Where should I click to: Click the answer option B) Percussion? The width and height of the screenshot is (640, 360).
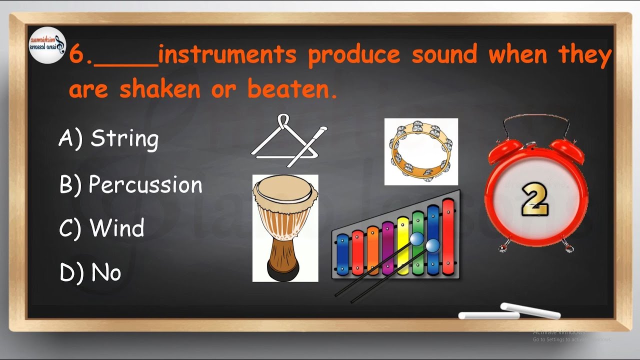(x=131, y=185)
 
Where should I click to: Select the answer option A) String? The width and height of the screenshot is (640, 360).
(x=108, y=139)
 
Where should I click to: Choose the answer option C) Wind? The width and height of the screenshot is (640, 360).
(x=102, y=228)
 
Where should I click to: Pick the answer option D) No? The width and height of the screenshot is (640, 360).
(x=90, y=273)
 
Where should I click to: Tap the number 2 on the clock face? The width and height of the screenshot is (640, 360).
(x=535, y=199)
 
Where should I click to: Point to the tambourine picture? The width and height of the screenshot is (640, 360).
(x=421, y=151)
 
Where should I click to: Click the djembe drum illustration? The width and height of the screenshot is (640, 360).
(x=285, y=228)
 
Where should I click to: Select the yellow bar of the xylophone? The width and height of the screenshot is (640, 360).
(x=402, y=245)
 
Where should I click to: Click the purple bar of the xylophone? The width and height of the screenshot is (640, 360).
(x=387, y=247)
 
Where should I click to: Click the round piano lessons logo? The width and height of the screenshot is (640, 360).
(x=46, y=45)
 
